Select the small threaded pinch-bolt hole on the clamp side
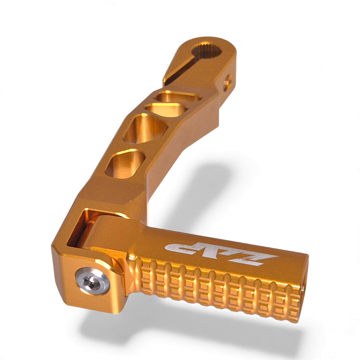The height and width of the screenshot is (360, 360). click(x=228, y=80)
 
